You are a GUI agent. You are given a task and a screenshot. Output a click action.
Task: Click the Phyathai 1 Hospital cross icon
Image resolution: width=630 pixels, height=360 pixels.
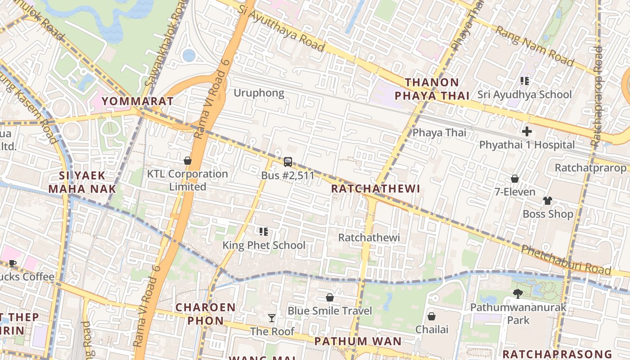click(x=526, y=132)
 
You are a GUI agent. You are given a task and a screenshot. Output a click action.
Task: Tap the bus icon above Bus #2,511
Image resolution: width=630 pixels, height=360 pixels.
click(x=288, y=162)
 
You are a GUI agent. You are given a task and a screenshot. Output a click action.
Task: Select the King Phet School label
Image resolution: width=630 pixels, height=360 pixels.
click(x=264, y=245)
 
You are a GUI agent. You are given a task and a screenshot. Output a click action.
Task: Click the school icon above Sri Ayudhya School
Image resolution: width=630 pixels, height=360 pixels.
click(x=524, y=81)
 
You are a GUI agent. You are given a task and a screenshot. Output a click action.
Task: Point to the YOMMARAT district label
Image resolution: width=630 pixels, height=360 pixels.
click(x=137, y=101)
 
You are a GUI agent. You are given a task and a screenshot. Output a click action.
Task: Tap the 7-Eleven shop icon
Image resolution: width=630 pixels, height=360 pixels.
click(x=515, y=179)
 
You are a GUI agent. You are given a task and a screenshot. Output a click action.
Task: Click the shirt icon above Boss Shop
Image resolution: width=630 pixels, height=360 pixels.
click(x=547, y=201)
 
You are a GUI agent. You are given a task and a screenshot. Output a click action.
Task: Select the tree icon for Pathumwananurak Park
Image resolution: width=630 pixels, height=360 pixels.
click(x=518, y=294)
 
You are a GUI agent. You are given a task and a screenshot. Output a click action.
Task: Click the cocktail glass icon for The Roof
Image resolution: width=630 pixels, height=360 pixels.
click(x=272, y=318)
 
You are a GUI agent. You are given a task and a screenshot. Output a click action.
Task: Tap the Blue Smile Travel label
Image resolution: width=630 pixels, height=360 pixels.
click(x=329, y=310)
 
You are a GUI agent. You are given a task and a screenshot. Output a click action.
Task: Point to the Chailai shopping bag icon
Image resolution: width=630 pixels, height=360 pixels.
click(x=432, y=316)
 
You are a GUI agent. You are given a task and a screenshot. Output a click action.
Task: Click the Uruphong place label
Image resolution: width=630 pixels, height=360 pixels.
click(x=259, y=93)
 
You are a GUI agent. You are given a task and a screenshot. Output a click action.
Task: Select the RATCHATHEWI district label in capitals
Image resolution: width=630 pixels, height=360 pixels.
click(x=375, y=189)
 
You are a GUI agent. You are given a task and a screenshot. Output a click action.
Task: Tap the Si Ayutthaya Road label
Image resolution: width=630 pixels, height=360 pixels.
click(x=281, y=28)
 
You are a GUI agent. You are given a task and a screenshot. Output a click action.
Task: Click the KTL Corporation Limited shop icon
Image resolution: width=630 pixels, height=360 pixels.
click(x=188, y=161)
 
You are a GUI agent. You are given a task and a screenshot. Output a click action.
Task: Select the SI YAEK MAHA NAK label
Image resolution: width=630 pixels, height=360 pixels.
click(x=82, y=182)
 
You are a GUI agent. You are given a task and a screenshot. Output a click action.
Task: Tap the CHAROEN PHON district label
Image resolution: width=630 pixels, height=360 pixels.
click(x=205, y=314)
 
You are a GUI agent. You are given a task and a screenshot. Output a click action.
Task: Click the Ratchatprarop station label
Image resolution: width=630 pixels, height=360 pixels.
click(x=590, y=168)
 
